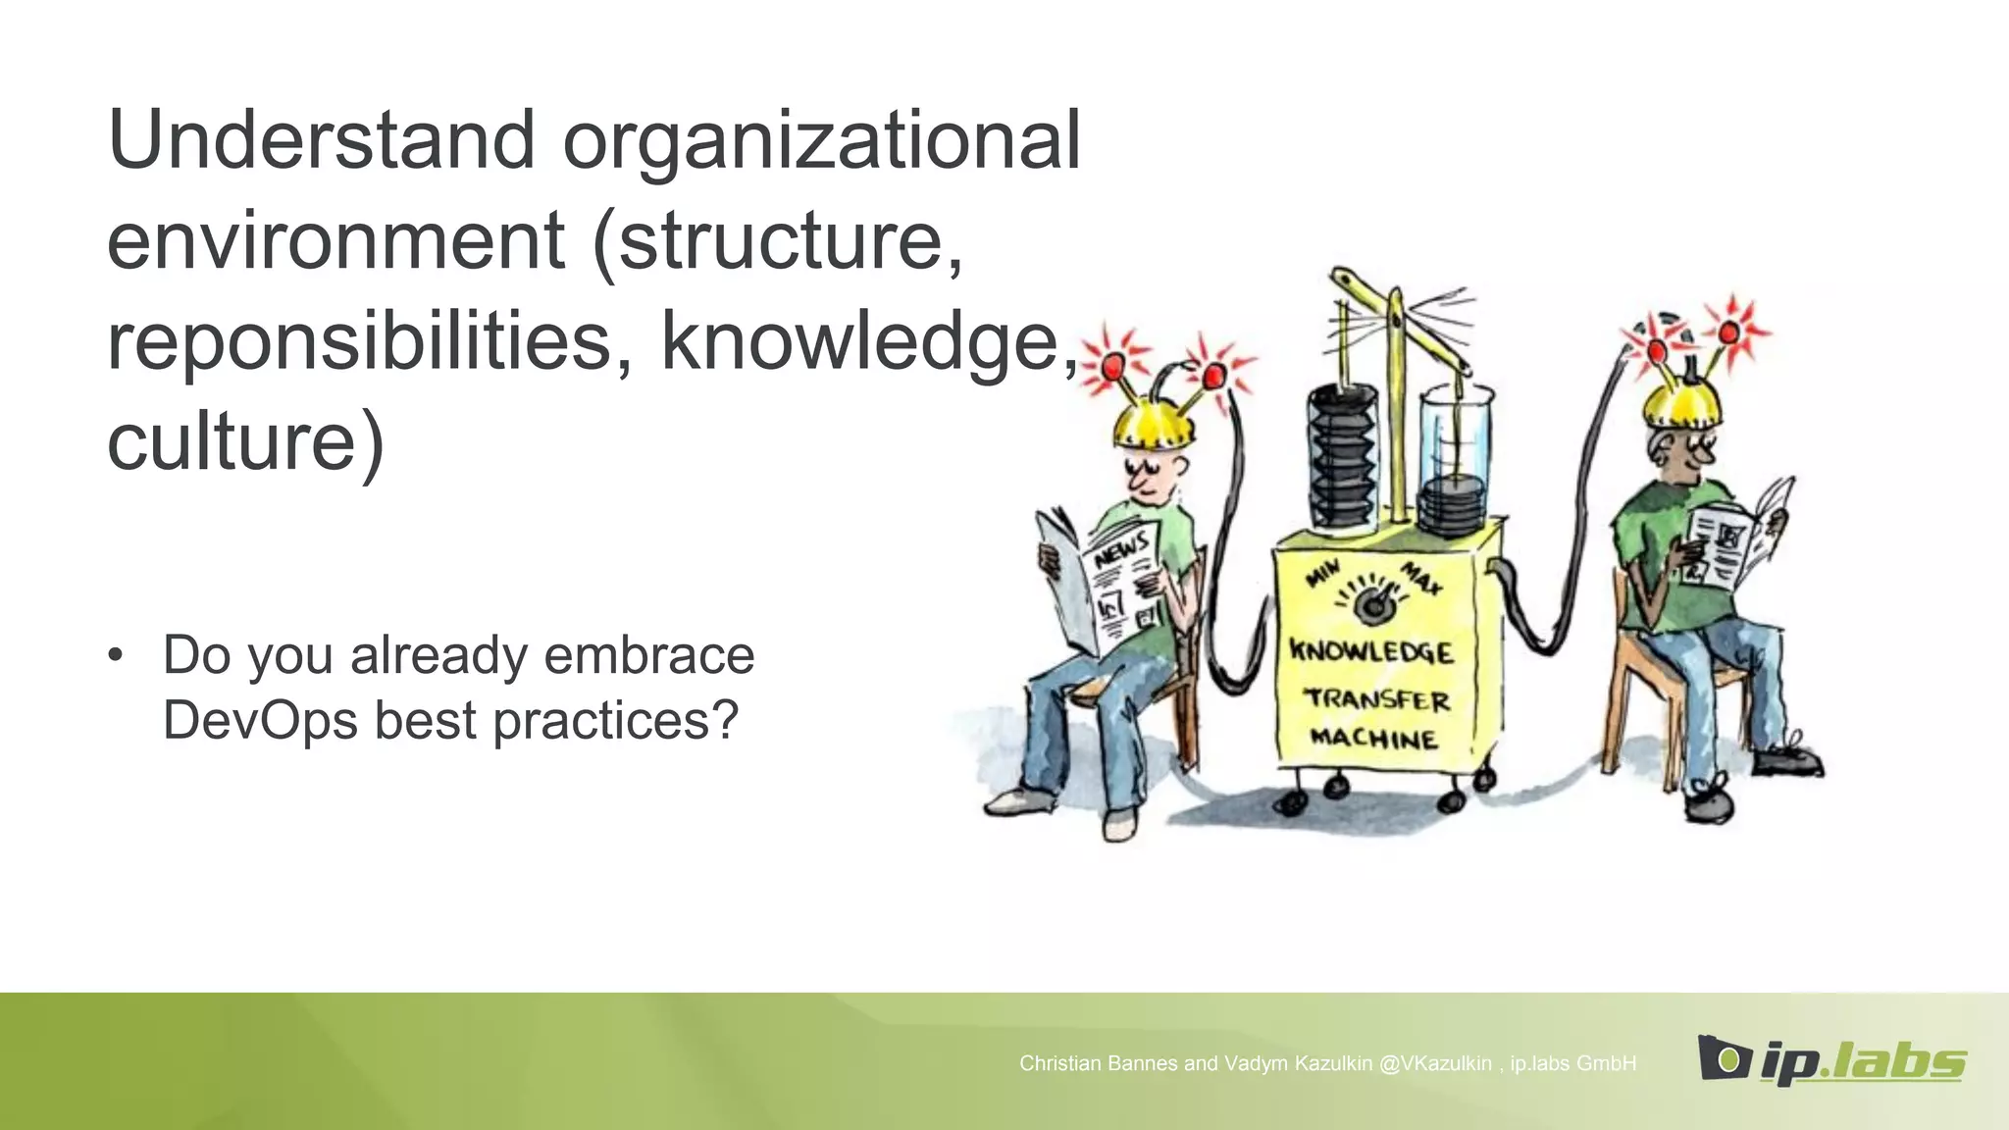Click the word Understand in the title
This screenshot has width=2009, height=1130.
[321, 141]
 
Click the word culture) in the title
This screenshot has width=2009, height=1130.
[245, 441]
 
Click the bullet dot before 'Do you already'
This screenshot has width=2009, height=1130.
[117, 655]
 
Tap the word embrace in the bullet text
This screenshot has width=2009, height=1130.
[648, 655]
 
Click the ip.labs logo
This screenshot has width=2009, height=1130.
[1830, 1059]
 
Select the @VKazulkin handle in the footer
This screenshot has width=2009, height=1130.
[1435, 1063]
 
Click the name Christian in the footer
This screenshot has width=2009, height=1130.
[1062, 1063]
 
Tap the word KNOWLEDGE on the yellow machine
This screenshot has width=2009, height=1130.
[1370, 651]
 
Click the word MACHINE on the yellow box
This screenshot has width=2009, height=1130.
[1373, 738]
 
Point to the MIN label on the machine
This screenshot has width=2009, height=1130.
[1323, 573]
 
